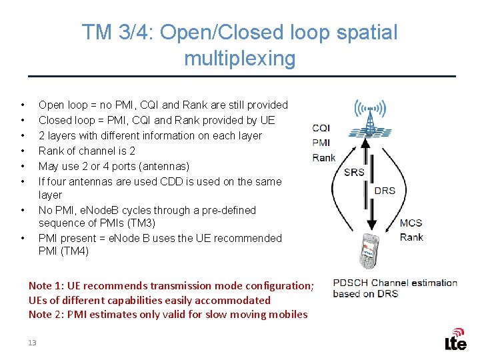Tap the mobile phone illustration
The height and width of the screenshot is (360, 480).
pyautogui.click(x=371, y=250)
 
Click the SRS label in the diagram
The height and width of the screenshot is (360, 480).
pyautogui.click(x=354, y=172)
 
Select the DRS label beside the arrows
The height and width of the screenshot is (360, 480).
pyautogui.click(x=385, y=191)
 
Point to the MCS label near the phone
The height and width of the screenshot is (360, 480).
pyautogui.click(x=411, y=223)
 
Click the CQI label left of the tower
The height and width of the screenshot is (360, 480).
pyautogui.click(x=321, y=128)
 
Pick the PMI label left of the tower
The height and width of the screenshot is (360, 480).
pyautogui.click(x=321, y=143)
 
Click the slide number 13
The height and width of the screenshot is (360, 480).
pyautogui.click(x=32, y=342)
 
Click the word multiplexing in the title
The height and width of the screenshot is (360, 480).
pyautogui.click(x=239, y=59)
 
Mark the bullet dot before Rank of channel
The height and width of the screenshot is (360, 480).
pyautogui.click(x=23, y=151)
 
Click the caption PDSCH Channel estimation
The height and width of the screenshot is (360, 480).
pyautogui.click(x=395, y=283)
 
